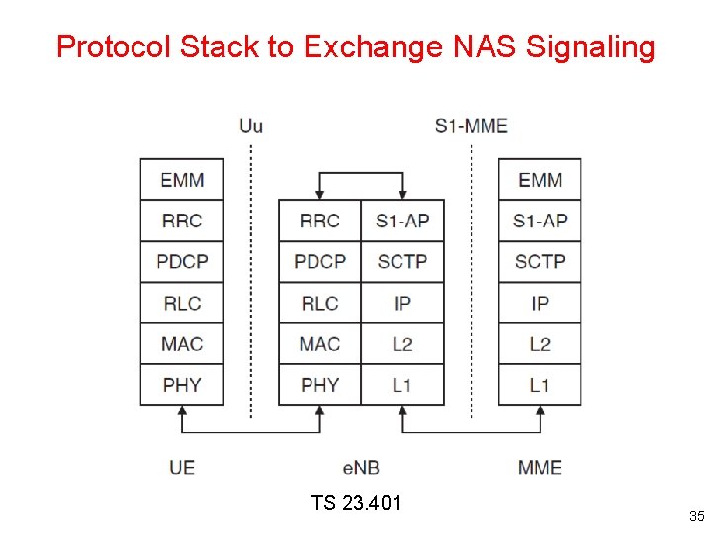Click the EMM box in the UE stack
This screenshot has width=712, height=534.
coord(182,180)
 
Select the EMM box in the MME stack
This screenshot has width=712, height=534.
coord(540,180)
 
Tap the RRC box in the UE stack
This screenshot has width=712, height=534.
coord(182,221)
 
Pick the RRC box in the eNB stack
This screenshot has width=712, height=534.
coord(319,221)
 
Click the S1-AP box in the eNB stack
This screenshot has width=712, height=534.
coord(401,221)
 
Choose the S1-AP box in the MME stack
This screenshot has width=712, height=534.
coord(540,221)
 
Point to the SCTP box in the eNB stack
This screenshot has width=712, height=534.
coord(401,262)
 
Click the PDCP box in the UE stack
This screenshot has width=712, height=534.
coord(182,262)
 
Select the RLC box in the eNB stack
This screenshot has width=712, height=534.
coord(319,303)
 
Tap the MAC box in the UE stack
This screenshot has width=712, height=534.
coord(182,344)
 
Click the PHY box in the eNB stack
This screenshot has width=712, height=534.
coord(319,385)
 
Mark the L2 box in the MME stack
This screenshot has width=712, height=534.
coord(540,344)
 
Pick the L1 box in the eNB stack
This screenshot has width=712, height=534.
coord(401,385)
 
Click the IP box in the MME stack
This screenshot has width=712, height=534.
coord(540,303)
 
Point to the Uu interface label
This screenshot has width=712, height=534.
coord(251,126)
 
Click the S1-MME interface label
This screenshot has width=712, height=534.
coord(471,126)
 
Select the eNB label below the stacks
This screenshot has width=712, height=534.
coord(361,467)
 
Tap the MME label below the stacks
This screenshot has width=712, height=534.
coord(540,467)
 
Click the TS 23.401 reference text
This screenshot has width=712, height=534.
coord(356,503)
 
